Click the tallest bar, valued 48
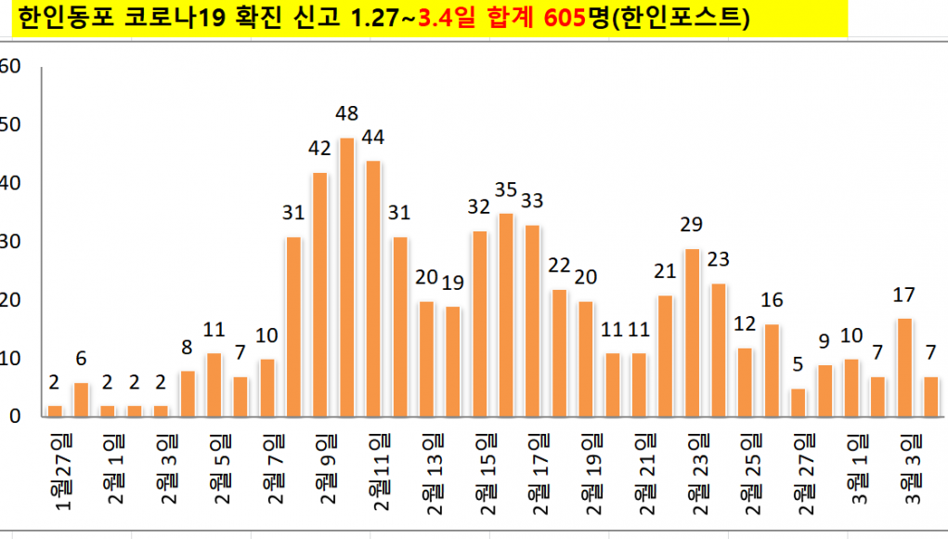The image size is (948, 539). point(346,277)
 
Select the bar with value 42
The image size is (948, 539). point(320,295)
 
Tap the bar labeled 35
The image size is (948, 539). point(506,315)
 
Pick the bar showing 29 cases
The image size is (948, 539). point(692,333)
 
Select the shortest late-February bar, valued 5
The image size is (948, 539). point(799,402)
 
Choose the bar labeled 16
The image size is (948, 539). point(772,370)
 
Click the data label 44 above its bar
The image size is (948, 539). point(373,138)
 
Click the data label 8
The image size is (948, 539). point(187,348)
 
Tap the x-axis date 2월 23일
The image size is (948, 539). point(697,470)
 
